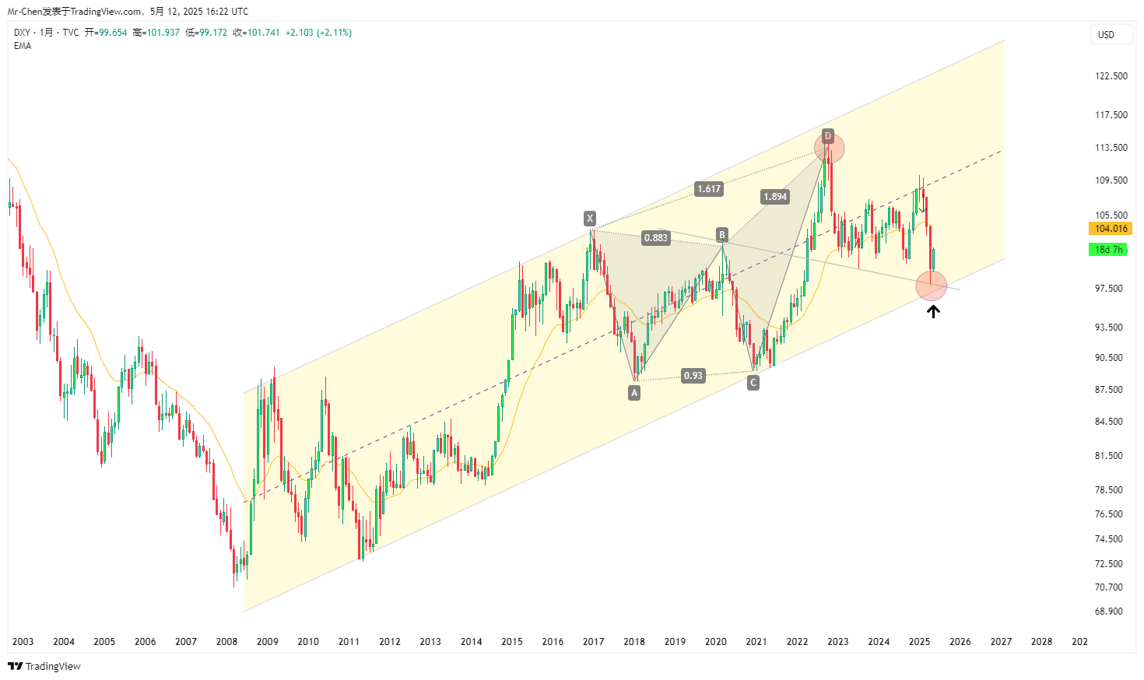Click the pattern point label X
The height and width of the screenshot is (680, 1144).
(x=590, y=219)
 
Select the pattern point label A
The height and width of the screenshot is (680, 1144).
(x=634, y=393)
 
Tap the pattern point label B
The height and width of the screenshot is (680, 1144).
(x=722, y=235)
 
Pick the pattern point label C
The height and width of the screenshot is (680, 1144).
(x=753, y=383)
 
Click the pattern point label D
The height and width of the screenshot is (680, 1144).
(x=828, y=137)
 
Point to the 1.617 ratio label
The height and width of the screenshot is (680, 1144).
(x=709, y=189)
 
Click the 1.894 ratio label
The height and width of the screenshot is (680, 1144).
(x=775, y=197)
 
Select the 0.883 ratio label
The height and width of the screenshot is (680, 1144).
(x=655, y=238)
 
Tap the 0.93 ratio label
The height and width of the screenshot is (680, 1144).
(x=693, y=376)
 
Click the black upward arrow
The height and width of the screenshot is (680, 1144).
(x=933, y=312)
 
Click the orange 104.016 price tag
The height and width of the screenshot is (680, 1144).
(x=1111, y=229)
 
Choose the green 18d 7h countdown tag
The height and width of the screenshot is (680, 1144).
(x=1109, y=250)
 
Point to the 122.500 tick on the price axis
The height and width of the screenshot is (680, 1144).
(x=1111, y=76)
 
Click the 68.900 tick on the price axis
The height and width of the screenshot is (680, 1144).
(x=1108, y=612)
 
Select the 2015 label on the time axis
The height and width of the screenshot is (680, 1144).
(x=512, y=642)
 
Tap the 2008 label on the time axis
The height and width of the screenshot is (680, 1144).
(x=226, y=642)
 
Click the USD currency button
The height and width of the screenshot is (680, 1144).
(x=1106, y=35)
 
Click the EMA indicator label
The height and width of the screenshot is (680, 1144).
(x=23, y=46)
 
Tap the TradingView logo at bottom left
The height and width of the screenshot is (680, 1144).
(x=44, y=667)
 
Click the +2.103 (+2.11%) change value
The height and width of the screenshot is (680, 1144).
(x=318, y=33)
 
